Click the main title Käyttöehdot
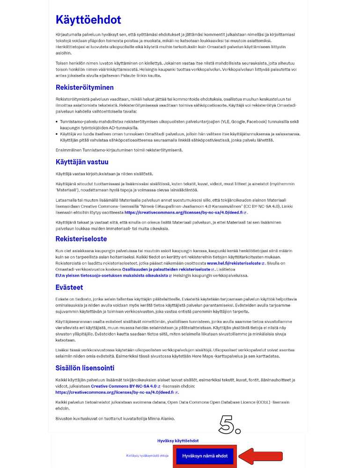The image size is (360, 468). click(x=88, y=20)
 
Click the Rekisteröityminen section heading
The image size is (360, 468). click(x=84, y=88)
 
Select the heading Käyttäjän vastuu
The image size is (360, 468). click(x=82, y=162)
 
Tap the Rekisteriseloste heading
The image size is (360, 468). click(x=81, y=239)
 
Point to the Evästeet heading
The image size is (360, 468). click(x=69, y=287)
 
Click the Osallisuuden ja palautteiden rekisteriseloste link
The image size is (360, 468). click(x=178, y=270)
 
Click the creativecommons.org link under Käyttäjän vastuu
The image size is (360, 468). click(x=184, y=212)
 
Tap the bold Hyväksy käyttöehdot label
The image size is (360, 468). click(x=178, y=441)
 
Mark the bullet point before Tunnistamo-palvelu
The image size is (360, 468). click(x=57, y=121)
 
